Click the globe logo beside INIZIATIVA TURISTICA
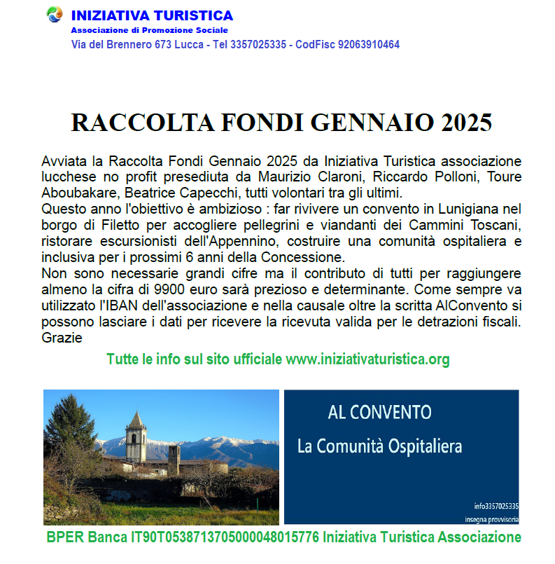(x=54, y=15)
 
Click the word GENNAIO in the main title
(x=372, y=122)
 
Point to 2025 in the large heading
(x=466, y=122)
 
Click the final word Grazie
(x=62, y=338)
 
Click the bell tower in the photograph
(x=135, y=438)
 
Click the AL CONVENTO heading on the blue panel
(x=380, y=412)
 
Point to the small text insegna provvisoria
(x=491, y=519)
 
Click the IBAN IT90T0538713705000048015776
(x=220, y=538)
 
